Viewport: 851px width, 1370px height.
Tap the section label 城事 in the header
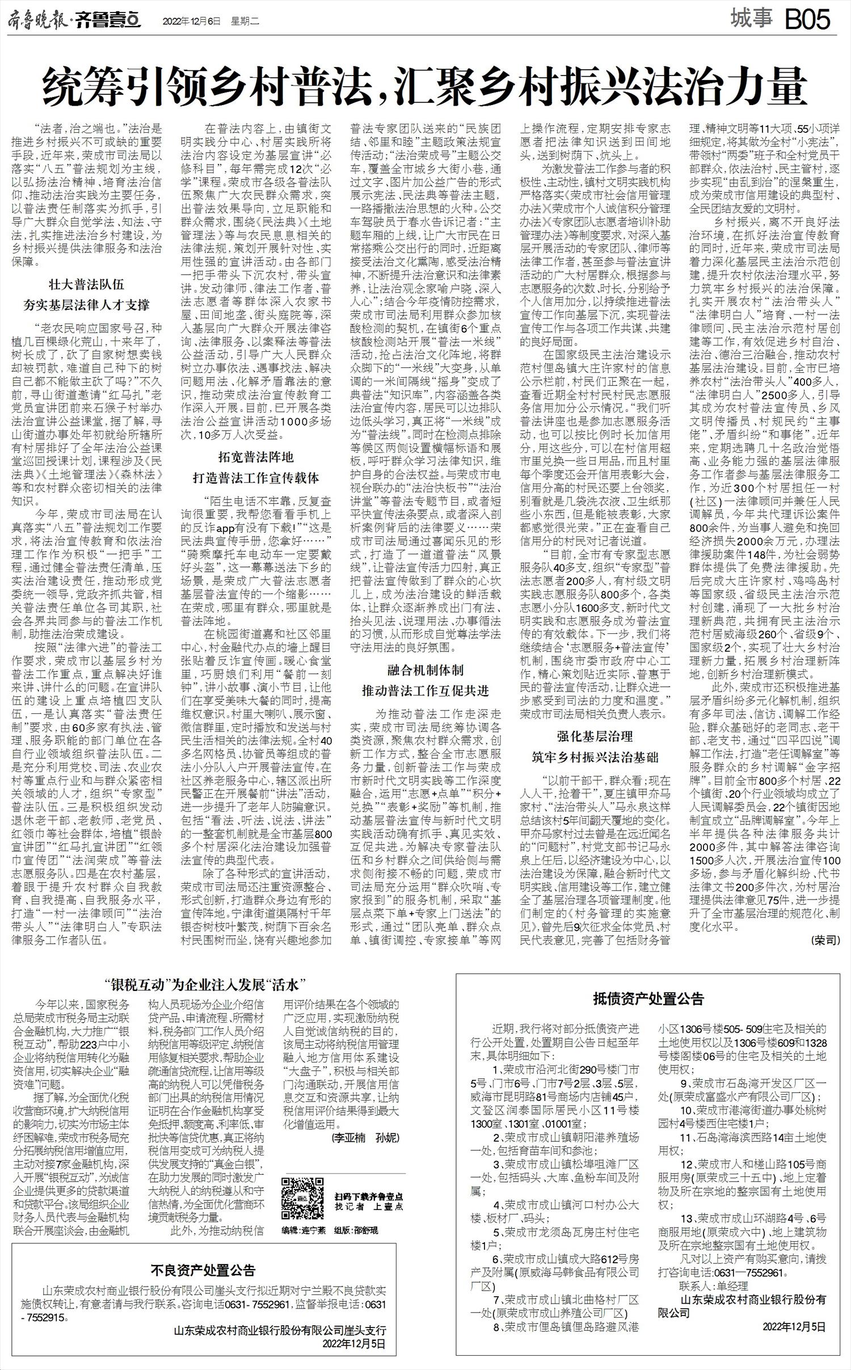tap(752, 20)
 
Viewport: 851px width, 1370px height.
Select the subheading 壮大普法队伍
tap(86, 285)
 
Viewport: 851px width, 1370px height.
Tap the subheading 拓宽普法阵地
tap(255, 457)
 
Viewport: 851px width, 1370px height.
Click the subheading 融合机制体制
tap(425, 670)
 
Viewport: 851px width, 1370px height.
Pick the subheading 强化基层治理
tap(595, 737)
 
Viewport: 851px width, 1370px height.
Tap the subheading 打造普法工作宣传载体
tap(255, 478)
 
